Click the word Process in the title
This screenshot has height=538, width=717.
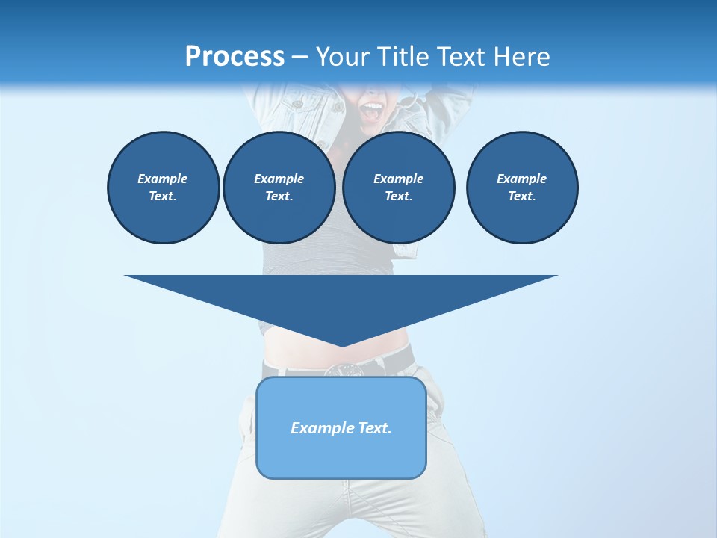[x=235, y=56]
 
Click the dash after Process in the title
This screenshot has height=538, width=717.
[x=300, y=57]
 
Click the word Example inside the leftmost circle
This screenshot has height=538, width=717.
[x=163, y=179]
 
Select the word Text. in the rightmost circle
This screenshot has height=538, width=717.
[x=522, y=196]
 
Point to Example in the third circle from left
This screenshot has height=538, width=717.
[x=399, y=179]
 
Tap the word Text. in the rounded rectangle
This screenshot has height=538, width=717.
[x=375, y=428]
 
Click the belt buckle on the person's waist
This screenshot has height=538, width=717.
[x=342, y=369]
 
